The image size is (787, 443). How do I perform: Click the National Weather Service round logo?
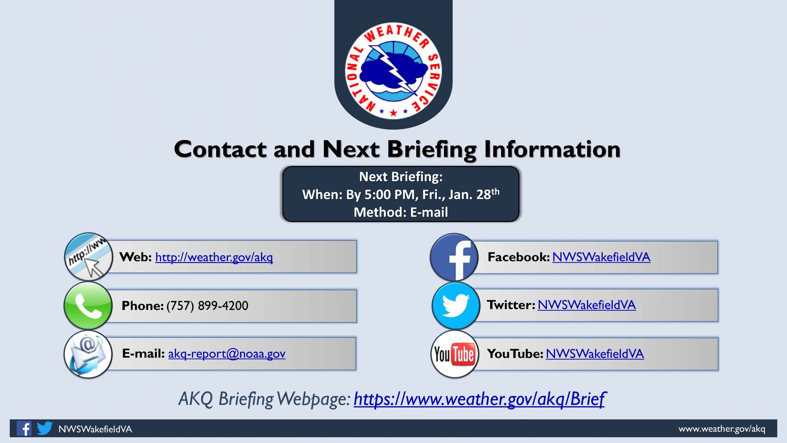point(393,71)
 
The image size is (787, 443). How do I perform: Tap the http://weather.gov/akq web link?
point(214,257)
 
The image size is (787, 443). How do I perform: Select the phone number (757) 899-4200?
point(207,305)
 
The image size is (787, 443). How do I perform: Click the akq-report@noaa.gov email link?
point(227,354)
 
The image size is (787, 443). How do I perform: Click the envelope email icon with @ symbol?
point(88,354)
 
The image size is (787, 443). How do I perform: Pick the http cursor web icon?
point(88,257)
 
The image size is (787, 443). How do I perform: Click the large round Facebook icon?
point(454,257)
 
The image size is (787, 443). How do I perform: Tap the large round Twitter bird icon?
point(456,306)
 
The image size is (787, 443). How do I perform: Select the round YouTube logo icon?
point(455,354)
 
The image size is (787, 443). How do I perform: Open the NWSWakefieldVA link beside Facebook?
point(601,257)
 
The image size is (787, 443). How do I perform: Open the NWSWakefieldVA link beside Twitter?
point(587,305)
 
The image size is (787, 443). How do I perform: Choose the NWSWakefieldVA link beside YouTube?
point(595,354)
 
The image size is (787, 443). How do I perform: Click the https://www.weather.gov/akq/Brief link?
point(480,399)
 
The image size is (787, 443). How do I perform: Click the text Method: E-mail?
point(401,212)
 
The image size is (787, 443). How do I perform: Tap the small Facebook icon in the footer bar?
point(24,428)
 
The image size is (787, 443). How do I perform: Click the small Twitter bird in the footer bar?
point(45,428)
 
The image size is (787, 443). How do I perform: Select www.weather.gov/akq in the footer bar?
point(722,429)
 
